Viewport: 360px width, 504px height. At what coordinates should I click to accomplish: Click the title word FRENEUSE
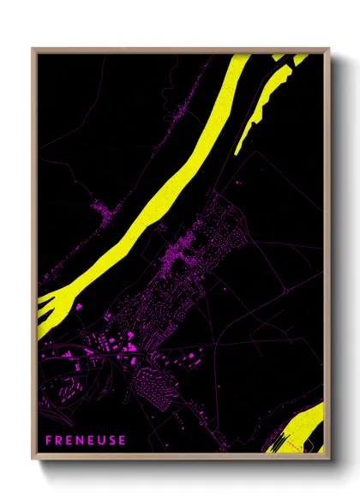tap(86, 441)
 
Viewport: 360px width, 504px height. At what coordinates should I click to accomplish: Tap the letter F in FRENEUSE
tap(50, 441)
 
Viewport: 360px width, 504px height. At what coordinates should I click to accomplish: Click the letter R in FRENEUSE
tap(60, 441)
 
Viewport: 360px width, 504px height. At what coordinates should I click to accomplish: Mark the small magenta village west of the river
tap(105, 210)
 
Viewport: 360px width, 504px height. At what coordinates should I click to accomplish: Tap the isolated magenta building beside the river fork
tap(78, 306)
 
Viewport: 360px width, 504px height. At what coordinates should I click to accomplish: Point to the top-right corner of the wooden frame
tap(329, 50)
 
